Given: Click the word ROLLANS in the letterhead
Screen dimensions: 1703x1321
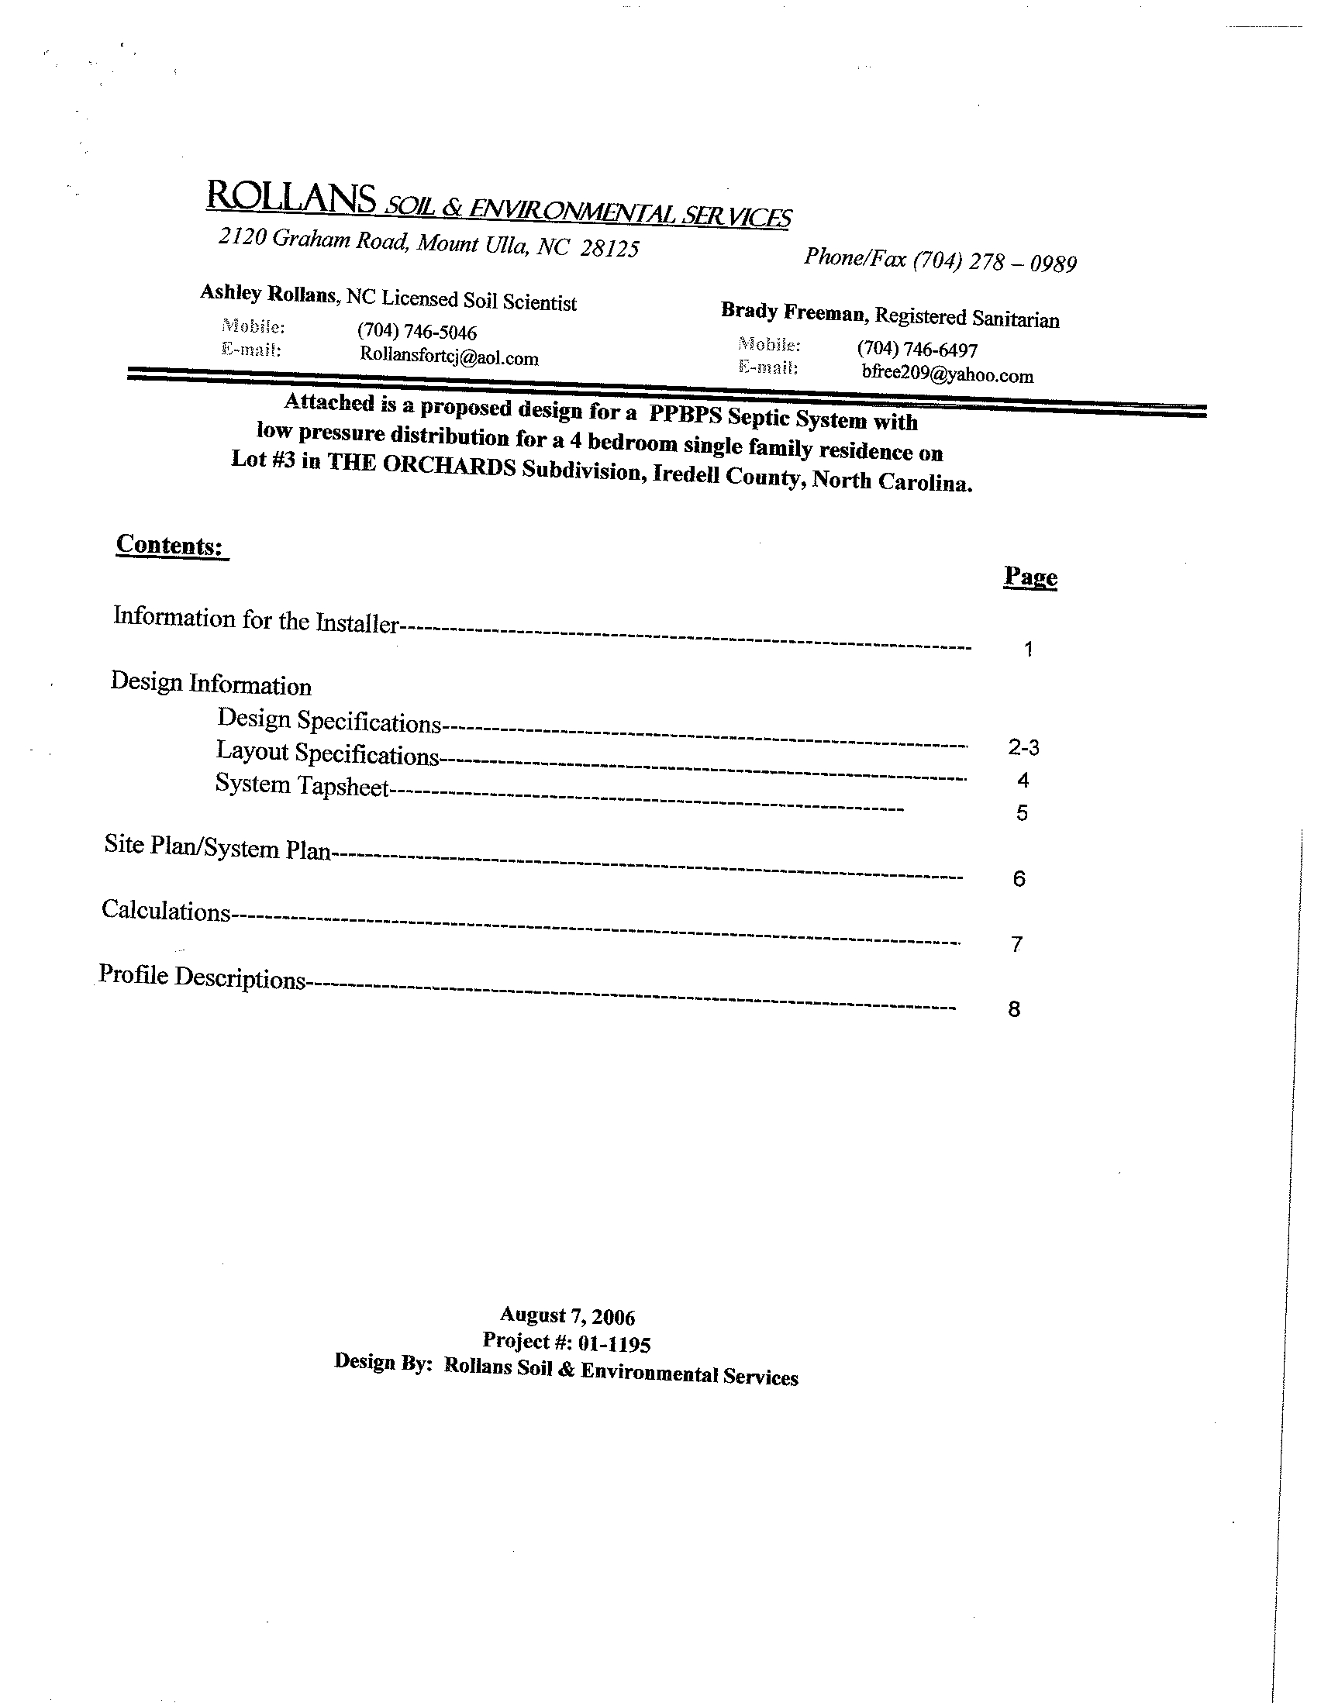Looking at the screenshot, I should tap(290, 197).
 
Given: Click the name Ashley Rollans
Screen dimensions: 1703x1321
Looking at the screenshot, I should tap(268, 293).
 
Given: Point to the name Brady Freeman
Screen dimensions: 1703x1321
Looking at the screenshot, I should tap(792, 312).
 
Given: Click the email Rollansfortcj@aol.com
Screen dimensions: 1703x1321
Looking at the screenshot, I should tap(448, 357).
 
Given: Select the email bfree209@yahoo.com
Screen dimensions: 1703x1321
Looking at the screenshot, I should tap(947, 374).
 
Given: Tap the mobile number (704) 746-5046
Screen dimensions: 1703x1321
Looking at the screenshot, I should tap(416, 332).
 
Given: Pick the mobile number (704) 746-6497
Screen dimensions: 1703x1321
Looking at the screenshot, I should tap(916, 349).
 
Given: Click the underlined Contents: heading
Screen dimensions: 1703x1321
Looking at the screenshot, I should tap(171, 545).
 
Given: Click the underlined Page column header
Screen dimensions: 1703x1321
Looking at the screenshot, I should tap(1030, 577).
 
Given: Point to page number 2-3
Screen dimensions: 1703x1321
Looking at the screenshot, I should tap(1023, 748).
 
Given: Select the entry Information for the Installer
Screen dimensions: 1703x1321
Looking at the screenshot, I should tap(256, 620).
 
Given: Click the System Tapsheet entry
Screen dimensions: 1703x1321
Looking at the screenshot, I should tap(302, 785).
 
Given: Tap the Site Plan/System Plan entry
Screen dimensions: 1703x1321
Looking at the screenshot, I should tap(219, 847).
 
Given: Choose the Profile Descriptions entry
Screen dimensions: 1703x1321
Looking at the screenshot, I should tap(202, 977).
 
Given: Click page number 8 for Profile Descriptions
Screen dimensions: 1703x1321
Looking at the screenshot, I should tap(1014, 1010).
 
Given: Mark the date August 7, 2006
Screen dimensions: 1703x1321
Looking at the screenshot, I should tap(567, 1316).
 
